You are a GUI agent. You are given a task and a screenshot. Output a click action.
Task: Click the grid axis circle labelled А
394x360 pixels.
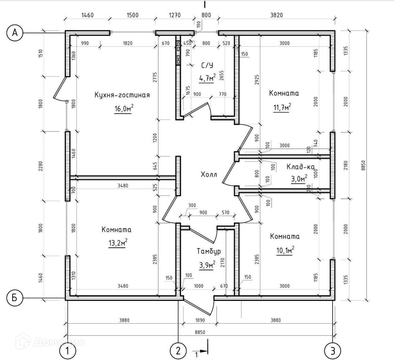(x=15, y=33)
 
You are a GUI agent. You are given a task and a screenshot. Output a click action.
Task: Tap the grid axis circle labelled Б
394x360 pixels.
(x=15, y=298)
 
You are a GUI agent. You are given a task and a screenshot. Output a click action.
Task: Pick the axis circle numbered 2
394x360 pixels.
(x=178, y=350)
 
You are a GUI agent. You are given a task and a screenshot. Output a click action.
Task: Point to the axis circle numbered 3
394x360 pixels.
(x=333, y=350)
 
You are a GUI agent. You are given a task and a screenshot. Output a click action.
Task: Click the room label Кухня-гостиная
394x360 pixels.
(x=122, y=95)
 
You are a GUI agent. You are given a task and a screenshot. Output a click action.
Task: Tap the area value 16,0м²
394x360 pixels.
(x=124, y=109)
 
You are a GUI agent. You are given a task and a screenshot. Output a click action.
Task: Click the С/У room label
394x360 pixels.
(x=207, y=65)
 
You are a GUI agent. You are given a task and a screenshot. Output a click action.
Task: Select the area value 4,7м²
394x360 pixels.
(x=207, y=78)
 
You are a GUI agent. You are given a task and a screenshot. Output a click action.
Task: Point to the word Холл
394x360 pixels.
(x=208, y=174)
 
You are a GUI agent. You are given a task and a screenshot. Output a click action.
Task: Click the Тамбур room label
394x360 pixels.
(x=208, y=251)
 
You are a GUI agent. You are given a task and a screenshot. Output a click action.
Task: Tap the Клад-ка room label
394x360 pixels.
(x=300, y=167)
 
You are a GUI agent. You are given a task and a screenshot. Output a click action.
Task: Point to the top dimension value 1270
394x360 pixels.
(x=175, y=15)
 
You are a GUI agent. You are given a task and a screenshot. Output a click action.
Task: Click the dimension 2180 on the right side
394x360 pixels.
(x=345, y=165)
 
